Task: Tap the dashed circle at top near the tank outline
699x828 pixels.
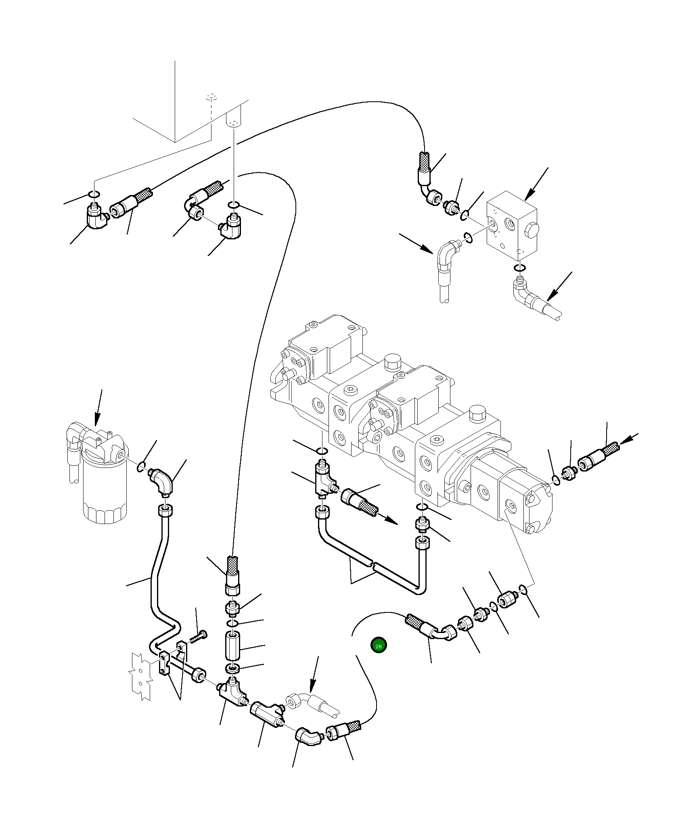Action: [x=211, y=97]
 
